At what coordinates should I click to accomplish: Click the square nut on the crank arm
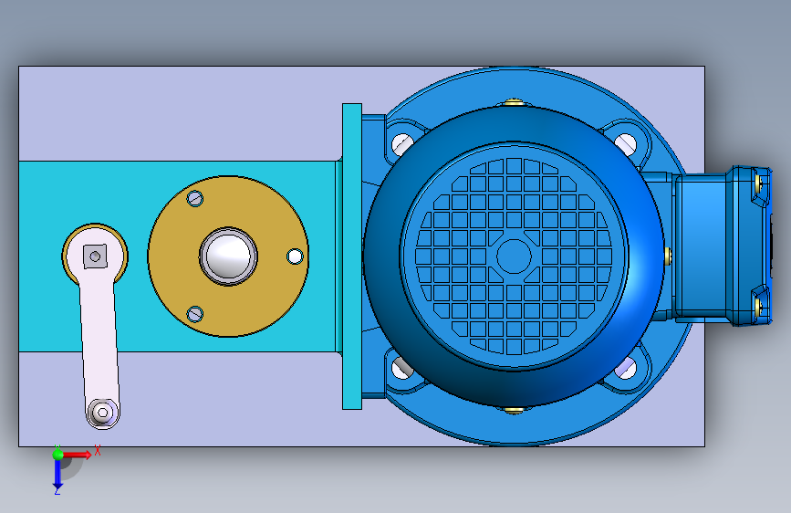pos(95,256)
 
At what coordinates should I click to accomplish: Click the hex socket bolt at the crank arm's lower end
pos(103,413)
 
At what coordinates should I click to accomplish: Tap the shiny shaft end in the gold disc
pos(228,256)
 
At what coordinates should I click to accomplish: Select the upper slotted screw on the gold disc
pos(195,198)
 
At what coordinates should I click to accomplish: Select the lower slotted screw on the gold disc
pos(195,314)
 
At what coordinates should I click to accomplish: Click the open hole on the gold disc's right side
pos(295,256)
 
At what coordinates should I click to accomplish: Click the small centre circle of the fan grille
pos(514,256)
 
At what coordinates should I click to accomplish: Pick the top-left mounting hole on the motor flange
pos(401,143)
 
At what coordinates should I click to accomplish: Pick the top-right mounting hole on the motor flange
pos(626,143)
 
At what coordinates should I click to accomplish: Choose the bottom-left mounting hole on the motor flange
pos(401,368)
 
